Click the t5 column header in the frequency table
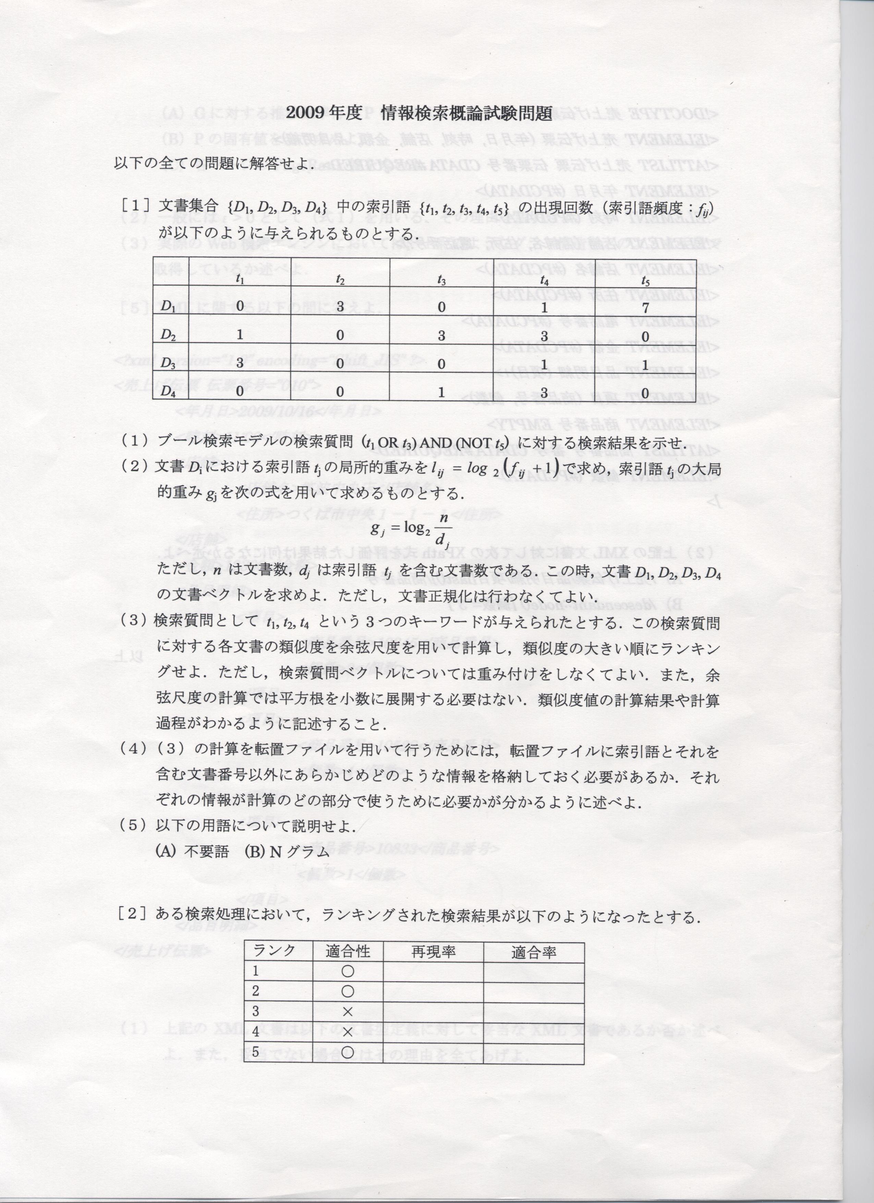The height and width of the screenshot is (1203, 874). click(x=645, y=280)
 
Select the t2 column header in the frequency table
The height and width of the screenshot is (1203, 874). click(x=340, y=280)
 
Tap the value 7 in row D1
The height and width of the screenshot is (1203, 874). click(x=645, y=307)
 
